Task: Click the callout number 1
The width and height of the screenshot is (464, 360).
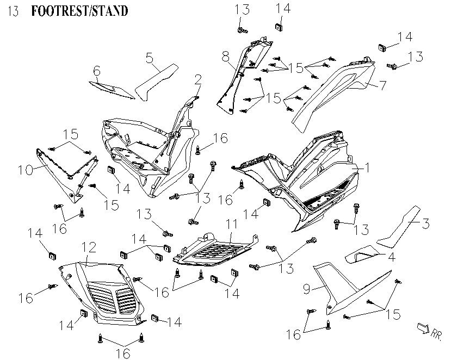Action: [367, 169]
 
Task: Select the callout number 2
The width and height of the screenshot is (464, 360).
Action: [199, 81]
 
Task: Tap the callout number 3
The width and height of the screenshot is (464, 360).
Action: [426, 223]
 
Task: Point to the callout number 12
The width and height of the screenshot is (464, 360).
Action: [88, 249]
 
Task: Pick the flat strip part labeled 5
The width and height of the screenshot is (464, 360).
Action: [155, 82]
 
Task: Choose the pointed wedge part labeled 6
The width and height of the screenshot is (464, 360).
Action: [112, 90]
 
